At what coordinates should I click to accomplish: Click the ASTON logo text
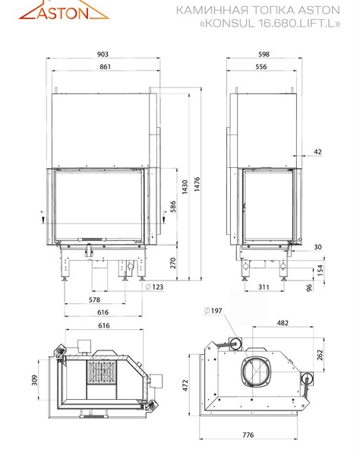tap(63, 13)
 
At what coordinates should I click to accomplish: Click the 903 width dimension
tap(103, 54)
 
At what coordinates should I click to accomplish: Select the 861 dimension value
tap(105, 67)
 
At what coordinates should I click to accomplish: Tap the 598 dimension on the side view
tap(264, 54)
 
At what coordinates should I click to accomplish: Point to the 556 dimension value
tap(261, 67)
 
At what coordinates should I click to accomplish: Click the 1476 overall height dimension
tap(197, 184)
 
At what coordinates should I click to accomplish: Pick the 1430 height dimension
tap(185, 187)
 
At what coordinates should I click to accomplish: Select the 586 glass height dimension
tap(173, 207)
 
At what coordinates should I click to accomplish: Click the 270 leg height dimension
tap(173, 263)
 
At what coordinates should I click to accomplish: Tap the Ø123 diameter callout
tap(154, 287)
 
